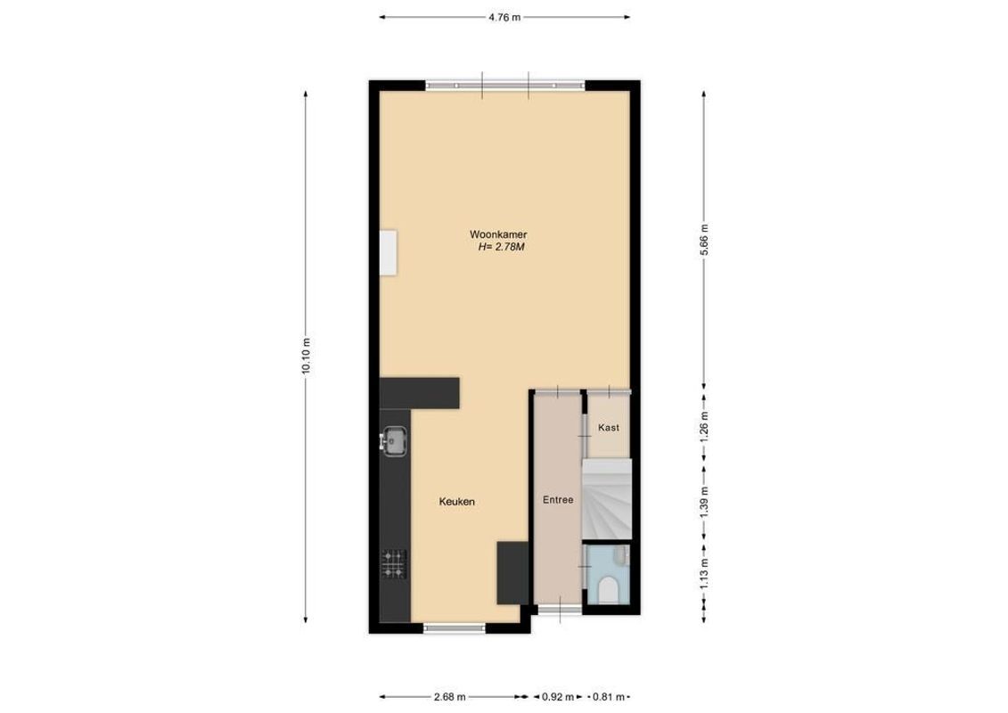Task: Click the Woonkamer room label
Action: [x=493, y=234]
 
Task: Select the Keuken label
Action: [x=456, y=503]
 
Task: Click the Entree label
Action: [x=558, y=500]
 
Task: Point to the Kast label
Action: [x=609, y=428]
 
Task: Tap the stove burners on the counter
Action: [x=394, y=563]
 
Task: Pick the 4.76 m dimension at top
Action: [x=504, y=17]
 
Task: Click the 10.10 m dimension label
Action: [x=306, y=356]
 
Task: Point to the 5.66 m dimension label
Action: [x=704, y=239]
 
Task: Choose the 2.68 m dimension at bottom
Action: [x=451, y=697]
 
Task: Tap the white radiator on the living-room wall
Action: [x=389, y=253]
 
